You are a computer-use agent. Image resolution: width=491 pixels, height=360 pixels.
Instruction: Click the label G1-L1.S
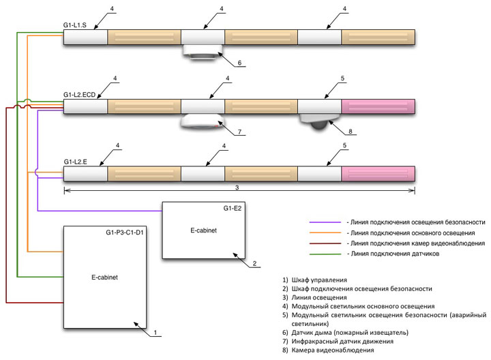pyautogui.click(x=75, y=25)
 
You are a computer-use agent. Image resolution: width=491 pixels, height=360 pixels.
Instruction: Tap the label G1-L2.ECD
pyautogui.click(x=79, y=95)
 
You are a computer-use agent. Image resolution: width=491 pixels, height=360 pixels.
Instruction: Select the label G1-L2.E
pyautogui.click(x=76, y=162)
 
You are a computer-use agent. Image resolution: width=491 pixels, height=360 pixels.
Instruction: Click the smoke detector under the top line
pyautogui.click(x=203, y=52)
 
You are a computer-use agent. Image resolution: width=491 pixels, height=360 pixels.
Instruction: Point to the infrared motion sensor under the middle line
pyautogui.click(x=203, y=121)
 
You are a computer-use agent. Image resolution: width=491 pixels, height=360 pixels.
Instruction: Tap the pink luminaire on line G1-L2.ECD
pyautogui.click(x=378, y=106)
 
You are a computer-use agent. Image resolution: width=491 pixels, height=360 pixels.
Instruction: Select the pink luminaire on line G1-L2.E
pyautogui.click(x=378, y=174)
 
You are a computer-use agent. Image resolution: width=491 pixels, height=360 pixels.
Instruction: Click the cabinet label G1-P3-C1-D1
pyautogui.click(x=125, y=232)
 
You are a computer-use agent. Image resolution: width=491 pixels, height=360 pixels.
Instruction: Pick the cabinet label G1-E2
pyautogui.click(x=233, y=208)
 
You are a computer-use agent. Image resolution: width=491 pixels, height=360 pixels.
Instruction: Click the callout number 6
pyautogui.click(x=239, y=63)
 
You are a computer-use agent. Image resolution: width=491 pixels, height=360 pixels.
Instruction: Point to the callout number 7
pyautogui.click(x=239, y=132)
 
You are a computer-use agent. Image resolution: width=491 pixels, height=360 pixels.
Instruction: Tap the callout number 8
pyautogui.click(x=351, y=132)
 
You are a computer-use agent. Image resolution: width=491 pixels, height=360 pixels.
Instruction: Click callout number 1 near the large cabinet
pyautogui.click(x=155, y=333)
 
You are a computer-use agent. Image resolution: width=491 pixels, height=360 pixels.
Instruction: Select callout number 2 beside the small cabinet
pyautogui.click(x=254, y=264)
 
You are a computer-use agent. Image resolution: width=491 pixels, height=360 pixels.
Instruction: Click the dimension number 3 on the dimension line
pyautogui.click(x=237, y=187)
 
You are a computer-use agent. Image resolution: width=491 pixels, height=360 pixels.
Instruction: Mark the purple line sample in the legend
pyautogui.click(x=325, y=222)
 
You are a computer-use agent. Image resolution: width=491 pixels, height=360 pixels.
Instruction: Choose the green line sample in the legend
pyautogui.click(x=325, y=254)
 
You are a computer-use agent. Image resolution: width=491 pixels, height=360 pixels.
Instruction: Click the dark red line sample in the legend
pyautogui.click(x=325, y=243)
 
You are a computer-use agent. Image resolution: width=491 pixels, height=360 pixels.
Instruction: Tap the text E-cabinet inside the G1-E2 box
pyautogui.click(x=203, y=230)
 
